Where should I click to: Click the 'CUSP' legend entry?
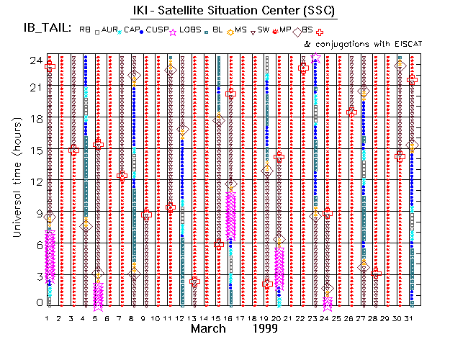point(158,30)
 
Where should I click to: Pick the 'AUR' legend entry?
point(108,30)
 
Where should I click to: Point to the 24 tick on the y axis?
point(35,60)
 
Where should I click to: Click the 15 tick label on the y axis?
point(35,150)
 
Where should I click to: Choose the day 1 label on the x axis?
point(48,318)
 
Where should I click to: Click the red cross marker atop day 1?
point(50,67)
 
